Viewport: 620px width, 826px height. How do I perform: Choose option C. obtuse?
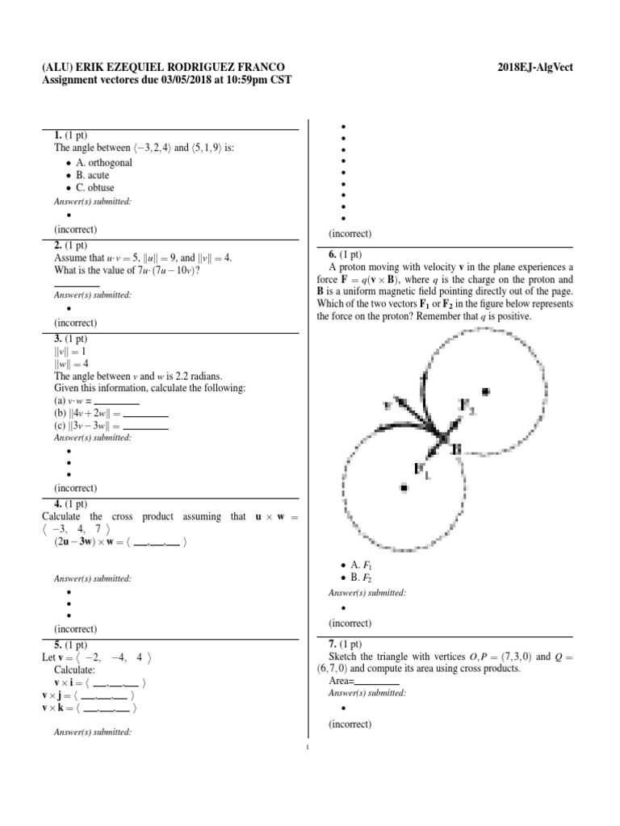95,188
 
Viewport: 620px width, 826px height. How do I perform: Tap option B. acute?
92,175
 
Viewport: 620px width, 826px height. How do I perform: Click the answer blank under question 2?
77,284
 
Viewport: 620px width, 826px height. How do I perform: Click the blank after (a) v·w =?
117,401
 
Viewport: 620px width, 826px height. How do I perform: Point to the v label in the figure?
387,403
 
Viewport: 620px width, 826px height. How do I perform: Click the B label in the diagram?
456,448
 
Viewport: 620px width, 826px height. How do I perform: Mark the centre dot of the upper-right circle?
485,392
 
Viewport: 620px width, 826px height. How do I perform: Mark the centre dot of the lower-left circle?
403,488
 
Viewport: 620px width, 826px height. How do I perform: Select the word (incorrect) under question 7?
350,724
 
